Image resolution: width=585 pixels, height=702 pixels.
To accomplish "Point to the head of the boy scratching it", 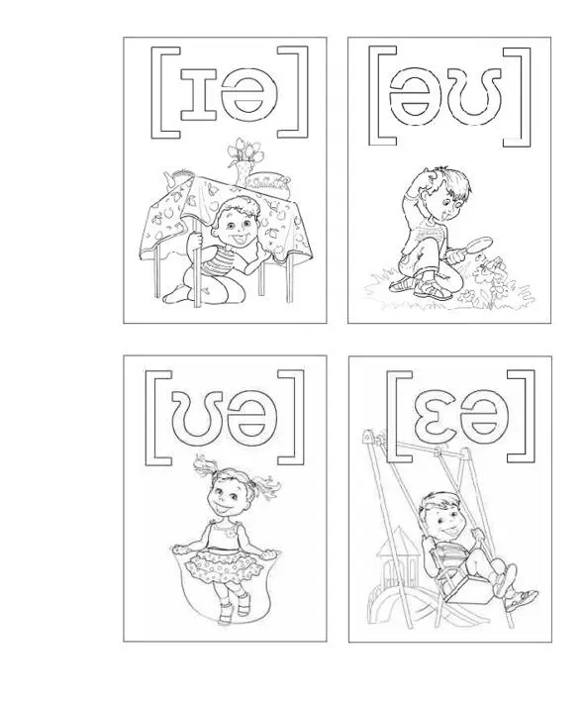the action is [x=442, y=188].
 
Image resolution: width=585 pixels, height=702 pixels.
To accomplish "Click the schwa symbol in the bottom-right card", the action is [x=487, y=412].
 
